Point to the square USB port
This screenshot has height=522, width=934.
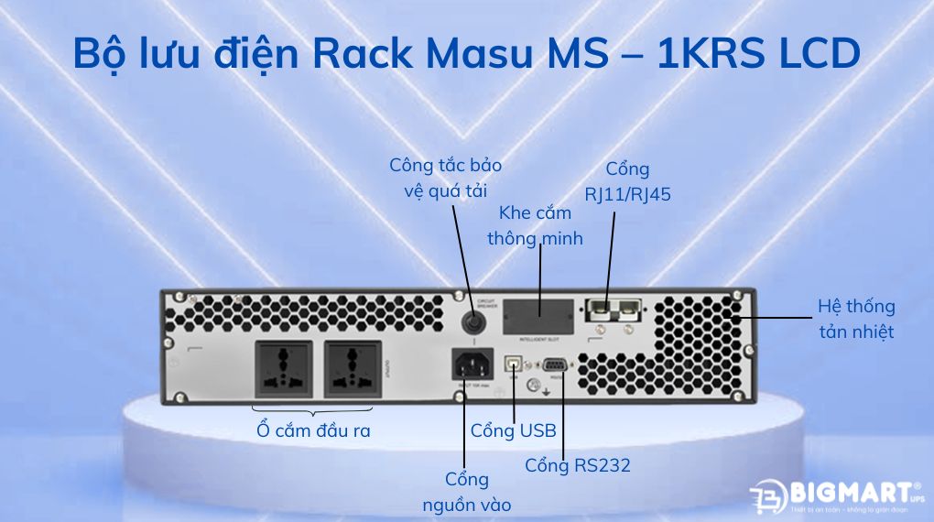515,364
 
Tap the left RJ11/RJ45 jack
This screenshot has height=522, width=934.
600,309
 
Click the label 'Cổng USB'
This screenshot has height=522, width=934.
513,430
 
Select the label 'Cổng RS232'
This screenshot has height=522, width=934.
577,465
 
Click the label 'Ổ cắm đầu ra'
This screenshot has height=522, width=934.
314,430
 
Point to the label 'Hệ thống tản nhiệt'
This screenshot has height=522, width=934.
855,318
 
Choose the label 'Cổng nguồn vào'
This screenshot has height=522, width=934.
466,492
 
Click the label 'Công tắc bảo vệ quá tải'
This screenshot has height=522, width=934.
445,178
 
